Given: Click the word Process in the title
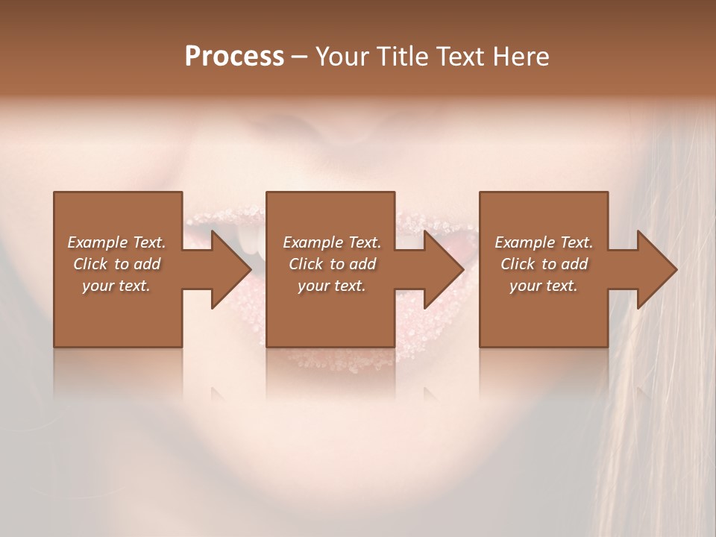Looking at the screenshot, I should click(x=234, y=57).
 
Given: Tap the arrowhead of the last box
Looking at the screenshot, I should click(x=656, y=269).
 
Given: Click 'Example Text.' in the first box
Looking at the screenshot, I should click(x=117, y=242).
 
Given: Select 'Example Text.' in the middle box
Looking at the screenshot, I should click(x=332, y=242).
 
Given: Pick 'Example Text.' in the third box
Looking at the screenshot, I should click(x=544, y=242).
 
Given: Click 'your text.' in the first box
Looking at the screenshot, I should click(x=116, y=286).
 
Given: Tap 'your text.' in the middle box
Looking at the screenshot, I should click(x=332, y=286).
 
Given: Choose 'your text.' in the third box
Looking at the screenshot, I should click(x=544, y=286).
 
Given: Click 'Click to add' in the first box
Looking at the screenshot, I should click(x=117, y=264).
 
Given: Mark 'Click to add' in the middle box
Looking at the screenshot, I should click(x=332, y=264).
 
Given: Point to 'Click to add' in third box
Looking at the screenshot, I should click(x=544, y=264).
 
